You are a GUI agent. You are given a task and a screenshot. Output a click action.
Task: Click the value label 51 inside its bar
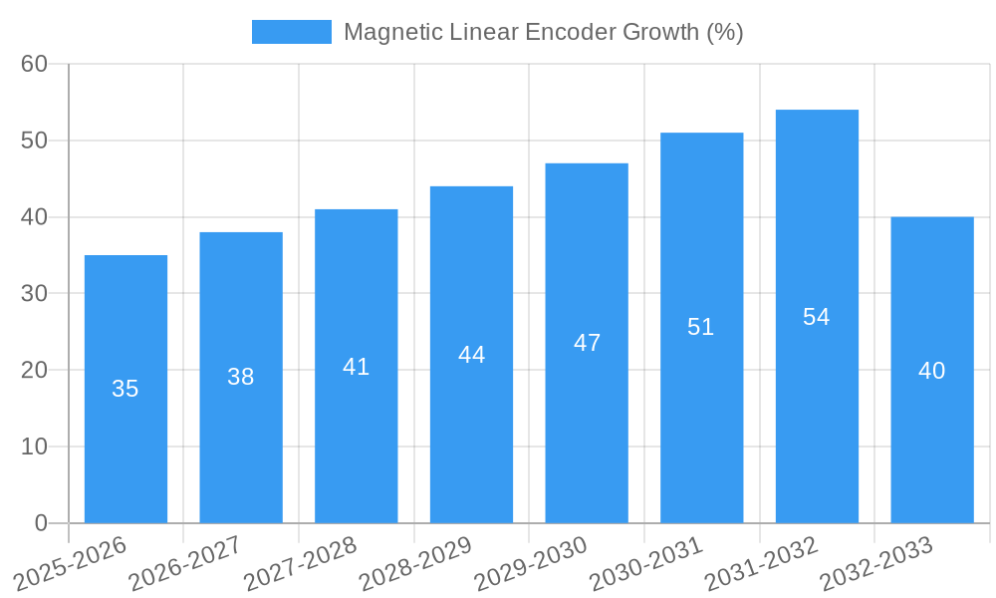pos(701,327)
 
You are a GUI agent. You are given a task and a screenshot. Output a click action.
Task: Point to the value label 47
pos(587,343)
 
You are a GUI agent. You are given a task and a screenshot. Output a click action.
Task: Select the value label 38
pos(241,377)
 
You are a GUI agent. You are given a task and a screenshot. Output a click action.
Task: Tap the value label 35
pos(125,389)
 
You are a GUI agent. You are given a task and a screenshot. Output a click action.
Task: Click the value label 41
pos(357,367)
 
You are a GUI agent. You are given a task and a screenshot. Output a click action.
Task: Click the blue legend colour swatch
pos(291,32)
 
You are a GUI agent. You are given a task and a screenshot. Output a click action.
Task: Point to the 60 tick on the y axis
pos(35,64)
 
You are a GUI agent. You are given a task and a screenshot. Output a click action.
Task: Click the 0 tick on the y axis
pos(41,523)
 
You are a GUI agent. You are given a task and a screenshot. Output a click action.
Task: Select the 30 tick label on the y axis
pos(35,294)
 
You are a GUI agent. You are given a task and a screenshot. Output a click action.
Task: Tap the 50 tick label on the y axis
pos(35,141)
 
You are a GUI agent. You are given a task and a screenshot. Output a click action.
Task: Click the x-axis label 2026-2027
pos(186,564)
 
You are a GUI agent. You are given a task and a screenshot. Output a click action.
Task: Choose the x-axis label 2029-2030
pos(531,564)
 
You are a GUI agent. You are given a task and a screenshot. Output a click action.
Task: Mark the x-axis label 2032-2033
pos(876,564)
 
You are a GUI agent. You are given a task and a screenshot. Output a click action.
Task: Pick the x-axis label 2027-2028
pos(301,564)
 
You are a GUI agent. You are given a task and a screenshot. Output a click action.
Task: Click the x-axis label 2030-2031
pos(646,564)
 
